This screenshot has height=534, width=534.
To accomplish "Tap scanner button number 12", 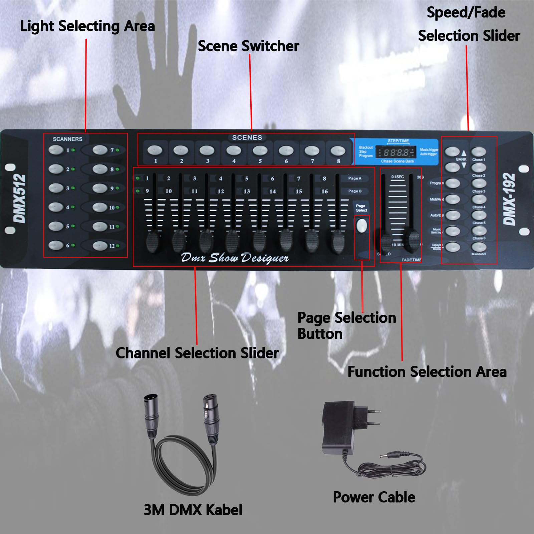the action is point(100,246).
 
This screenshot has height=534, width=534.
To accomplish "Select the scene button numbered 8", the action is point(338,151).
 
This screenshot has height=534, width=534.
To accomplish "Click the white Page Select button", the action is point(362,226).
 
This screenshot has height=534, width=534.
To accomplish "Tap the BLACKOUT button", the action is point(479,247).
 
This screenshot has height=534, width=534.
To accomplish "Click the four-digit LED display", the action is point(396,153).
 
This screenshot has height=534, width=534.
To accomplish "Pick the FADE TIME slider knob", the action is point(413,238).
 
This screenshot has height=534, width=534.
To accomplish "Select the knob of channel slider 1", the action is point(153,242).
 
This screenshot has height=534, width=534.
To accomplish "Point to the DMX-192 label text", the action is point(510,199).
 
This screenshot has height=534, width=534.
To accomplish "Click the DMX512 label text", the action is point(19,199).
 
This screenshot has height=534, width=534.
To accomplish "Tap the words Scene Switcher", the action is point(248,46).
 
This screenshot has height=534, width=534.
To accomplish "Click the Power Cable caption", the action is point(374,497).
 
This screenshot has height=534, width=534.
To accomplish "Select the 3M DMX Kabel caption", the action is point(193,510).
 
